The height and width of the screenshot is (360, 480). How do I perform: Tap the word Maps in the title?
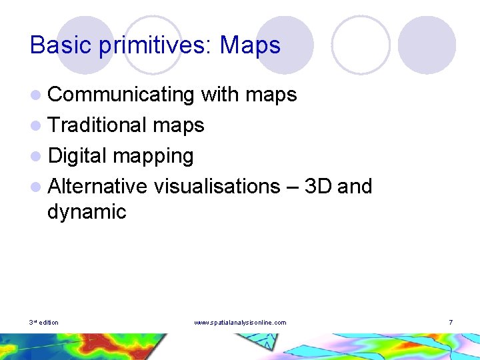tap(251, 45)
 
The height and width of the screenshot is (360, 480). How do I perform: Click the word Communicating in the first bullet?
tap(121, 95)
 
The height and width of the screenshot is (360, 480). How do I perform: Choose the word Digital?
tap(77, 155)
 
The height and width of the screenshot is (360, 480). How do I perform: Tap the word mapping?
tap(153, 156)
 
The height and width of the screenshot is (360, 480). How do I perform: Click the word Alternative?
tap(97, 185)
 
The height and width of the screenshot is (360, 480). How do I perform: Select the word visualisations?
tap(217, 186)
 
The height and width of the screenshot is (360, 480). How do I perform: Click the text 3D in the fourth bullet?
tap(318, 185)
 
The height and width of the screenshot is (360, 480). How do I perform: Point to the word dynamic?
tap(87, 212)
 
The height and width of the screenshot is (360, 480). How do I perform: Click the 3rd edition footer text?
tap(44, 323)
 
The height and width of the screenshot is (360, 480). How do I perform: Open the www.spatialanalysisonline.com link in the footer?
tap(240, 323)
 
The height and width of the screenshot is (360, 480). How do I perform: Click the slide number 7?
tap(451, 323)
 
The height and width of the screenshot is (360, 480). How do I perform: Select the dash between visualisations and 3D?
tap(292, 187)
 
